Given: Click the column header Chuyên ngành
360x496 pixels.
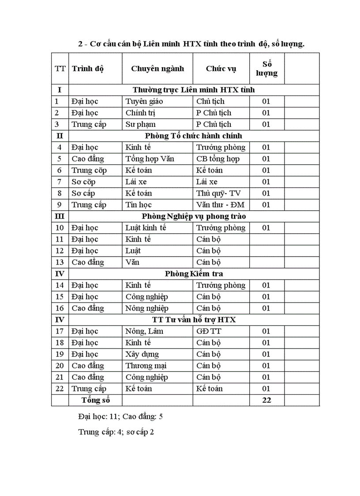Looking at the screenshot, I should [157, 68].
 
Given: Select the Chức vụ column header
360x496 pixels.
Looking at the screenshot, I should [221, 68].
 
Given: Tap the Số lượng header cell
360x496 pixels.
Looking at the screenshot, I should [266, 68].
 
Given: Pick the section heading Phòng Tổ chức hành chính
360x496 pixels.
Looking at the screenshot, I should [194, 136].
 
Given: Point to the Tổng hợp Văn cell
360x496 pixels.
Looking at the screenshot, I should [150, 159].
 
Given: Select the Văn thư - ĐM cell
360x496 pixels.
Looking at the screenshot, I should [220, 204].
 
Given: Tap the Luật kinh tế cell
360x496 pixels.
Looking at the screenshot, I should [146, 227].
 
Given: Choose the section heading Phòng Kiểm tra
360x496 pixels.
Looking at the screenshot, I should [194, 273].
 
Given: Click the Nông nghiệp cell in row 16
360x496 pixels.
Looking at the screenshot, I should [147, 308].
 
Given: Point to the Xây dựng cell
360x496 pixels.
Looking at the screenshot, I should [142, 354].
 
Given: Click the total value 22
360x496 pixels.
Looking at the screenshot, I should [266, 400].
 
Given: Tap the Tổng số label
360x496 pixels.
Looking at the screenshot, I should [95, 400].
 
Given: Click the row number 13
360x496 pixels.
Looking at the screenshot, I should [60, 262].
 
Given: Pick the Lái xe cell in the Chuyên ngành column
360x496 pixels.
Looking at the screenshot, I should [136, 182].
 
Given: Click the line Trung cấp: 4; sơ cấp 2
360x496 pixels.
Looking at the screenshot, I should [116, 432].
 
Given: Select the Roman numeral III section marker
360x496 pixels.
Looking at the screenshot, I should [60, 216].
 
